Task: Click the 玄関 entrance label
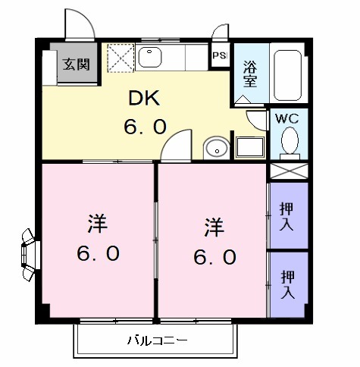(77, 64)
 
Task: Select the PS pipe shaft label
(220, 55)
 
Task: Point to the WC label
(286, 119)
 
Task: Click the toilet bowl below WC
(288, 141)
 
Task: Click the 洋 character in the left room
(96, 224)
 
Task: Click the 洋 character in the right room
(212, 227)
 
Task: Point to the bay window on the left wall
(29, 249)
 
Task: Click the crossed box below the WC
(288, 171)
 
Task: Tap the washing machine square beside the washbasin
(249, 146)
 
